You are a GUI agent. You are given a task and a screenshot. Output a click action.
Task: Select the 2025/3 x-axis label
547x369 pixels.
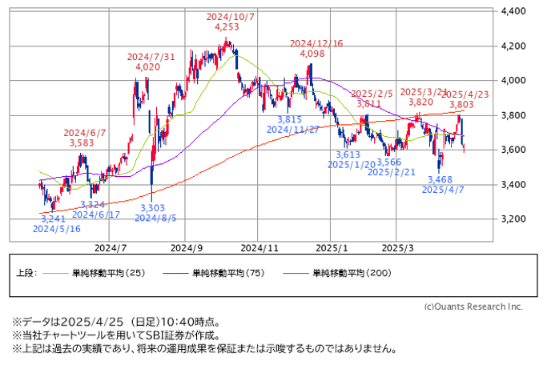pos(398,248)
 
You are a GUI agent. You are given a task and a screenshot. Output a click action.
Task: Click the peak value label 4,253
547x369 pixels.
pos(227,27)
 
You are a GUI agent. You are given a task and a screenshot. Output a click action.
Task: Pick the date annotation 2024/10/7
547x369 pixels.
pos(230,16)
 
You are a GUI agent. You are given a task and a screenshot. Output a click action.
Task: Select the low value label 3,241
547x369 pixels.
pos(52,217)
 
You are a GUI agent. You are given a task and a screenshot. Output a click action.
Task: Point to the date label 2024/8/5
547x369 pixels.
pos(155,217)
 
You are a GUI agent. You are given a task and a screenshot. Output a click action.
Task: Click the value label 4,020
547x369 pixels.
pos(147,68)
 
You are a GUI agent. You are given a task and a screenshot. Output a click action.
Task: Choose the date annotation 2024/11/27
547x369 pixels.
pos(294,129)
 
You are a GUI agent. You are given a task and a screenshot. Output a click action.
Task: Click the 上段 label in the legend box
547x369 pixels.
pos(26,273)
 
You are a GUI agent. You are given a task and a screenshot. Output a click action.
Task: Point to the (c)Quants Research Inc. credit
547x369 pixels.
pos(473,307)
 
